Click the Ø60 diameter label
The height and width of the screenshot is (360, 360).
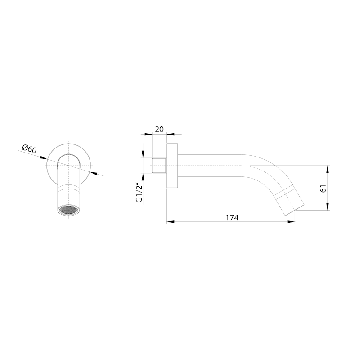click(x=29, y=148)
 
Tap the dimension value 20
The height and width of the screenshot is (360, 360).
click(x=159, y=129)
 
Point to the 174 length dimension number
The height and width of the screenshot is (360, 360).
click(x=231, y=217)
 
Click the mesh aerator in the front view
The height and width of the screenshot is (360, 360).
click(x=67, y=210)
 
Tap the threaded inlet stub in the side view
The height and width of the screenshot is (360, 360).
click(x=160, y=166)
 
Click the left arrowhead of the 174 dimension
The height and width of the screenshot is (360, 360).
click(x=170, y=221)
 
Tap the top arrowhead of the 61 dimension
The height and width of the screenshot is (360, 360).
click(x=328, y=168)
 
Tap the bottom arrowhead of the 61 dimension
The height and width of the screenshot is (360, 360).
click(x=328, y=208)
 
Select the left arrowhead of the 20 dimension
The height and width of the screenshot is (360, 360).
click(x=150, y=134)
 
